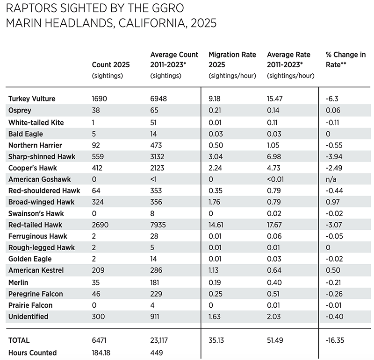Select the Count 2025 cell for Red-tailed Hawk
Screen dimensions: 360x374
coord(101,225)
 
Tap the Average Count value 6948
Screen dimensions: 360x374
coord(158,99)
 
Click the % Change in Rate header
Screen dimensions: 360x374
coord(345,60)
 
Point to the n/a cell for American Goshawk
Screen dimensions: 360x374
coord(331,179)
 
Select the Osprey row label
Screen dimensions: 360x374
coord(20,110)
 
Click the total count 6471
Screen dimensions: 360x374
coord(101,340)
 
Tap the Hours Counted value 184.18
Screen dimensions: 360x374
coord(103,353)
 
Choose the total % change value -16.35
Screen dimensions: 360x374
coord(335,340)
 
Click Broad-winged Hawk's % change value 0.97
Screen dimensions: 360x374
coord(332,202)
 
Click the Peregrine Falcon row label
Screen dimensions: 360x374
coord(36,294)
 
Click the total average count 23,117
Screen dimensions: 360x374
coord(160,340)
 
